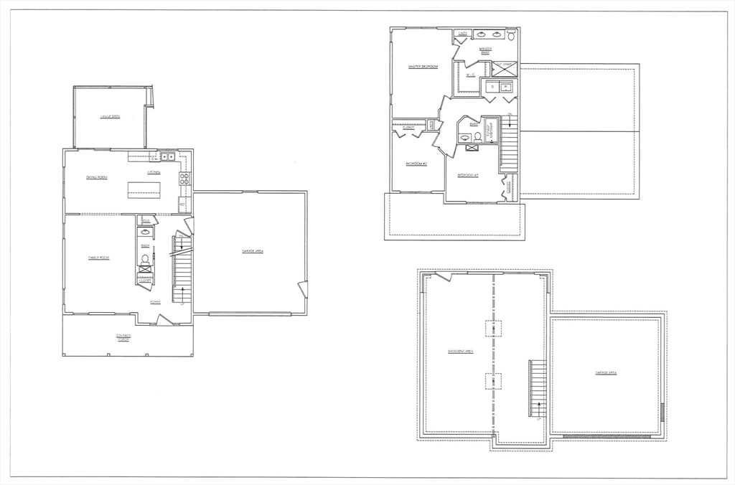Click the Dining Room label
(97, 177)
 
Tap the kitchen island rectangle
(144, 190)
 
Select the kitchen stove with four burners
(184, 179)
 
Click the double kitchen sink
(167, 156)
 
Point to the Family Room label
(98, 258)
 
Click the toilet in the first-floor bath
(145, 258)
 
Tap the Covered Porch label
(125, 337)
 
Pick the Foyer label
(155, 302)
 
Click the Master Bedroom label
(423, 67)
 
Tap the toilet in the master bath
(512, 34)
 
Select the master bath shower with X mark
(503, 70)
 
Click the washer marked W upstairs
(506, 88)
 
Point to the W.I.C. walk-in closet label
(470, 75)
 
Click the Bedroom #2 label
(416, 164)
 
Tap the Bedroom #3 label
(467, 175)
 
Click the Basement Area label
(459, 352)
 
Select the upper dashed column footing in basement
(493, 328)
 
